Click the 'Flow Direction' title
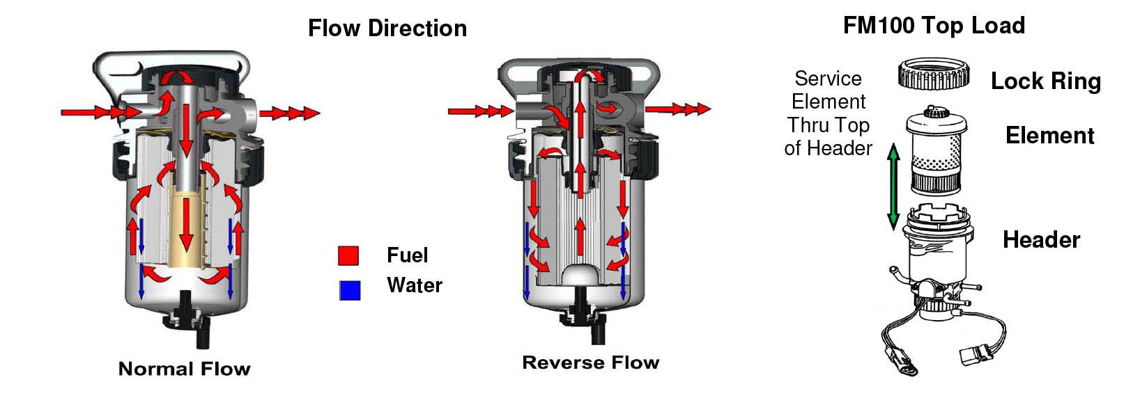tap(387, 29)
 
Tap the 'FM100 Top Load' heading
tap(934, 26)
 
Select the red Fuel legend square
tap(348, 255)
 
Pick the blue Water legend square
tap(350, 289)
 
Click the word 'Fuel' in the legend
tap(407, 255)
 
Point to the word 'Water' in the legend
tap(414, 285)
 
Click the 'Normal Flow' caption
tap(184, 369)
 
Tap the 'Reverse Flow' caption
tap(590, 363)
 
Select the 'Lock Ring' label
tap(1045, 81)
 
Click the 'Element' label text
tap(1049, 136)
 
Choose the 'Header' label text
tap(1041, 240)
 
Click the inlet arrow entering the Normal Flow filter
tap(91, 112)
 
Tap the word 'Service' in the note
tap(828, 79)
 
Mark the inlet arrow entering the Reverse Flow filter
tap(479, 111)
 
